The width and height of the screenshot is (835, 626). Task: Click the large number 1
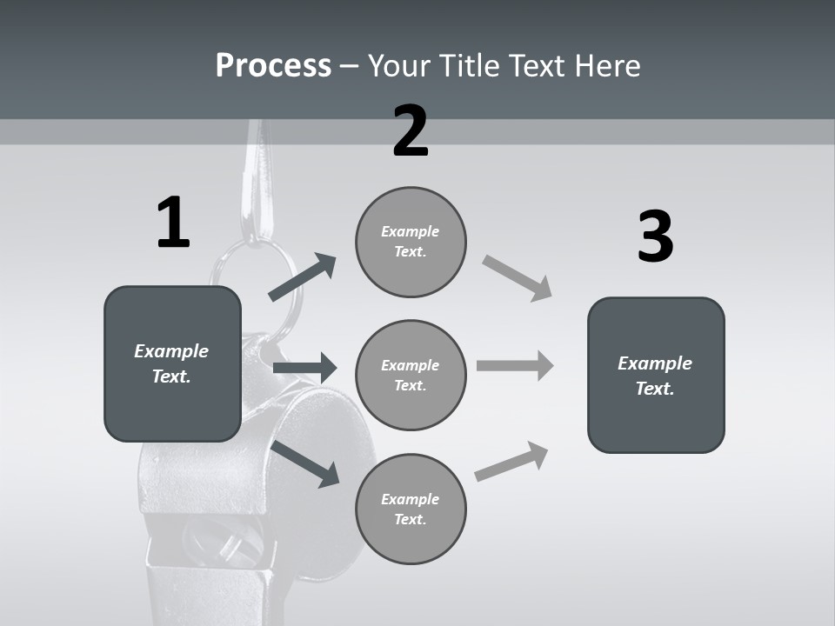[x=173, y=223]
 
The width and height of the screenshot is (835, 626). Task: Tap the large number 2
[x=411, y=132]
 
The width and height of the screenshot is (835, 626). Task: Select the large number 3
[x=655, y=237]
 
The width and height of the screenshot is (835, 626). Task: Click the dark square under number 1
[x=172, y=363]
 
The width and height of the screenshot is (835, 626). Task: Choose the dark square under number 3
[x=656, y=375]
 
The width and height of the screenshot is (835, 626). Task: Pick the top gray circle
[x=411, y=242]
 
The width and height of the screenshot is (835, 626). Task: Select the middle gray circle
[x=411, y=375]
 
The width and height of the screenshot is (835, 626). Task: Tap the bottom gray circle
[x=411, y=509]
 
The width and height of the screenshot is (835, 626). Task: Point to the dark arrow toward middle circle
[x=304, y=368]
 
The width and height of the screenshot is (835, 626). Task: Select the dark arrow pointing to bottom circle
[x=305, y=463]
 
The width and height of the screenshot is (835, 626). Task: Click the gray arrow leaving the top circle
[x=518, y=278]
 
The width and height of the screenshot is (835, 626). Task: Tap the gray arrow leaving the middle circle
[x=515, y=366]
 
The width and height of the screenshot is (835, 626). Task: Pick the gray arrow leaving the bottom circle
[x=511, y=462]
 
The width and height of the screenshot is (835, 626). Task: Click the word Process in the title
[x=273, y=65]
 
